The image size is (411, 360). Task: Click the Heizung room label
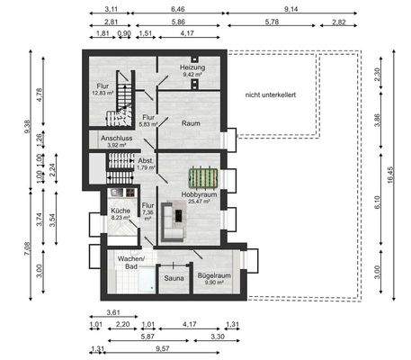tap(193, 67)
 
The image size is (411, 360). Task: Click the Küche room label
tap(120, 211)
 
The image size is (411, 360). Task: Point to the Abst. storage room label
tap(145, 160)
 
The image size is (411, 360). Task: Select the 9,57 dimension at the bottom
tap(162, 347)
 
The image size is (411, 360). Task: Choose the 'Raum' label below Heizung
tap(190, 123)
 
